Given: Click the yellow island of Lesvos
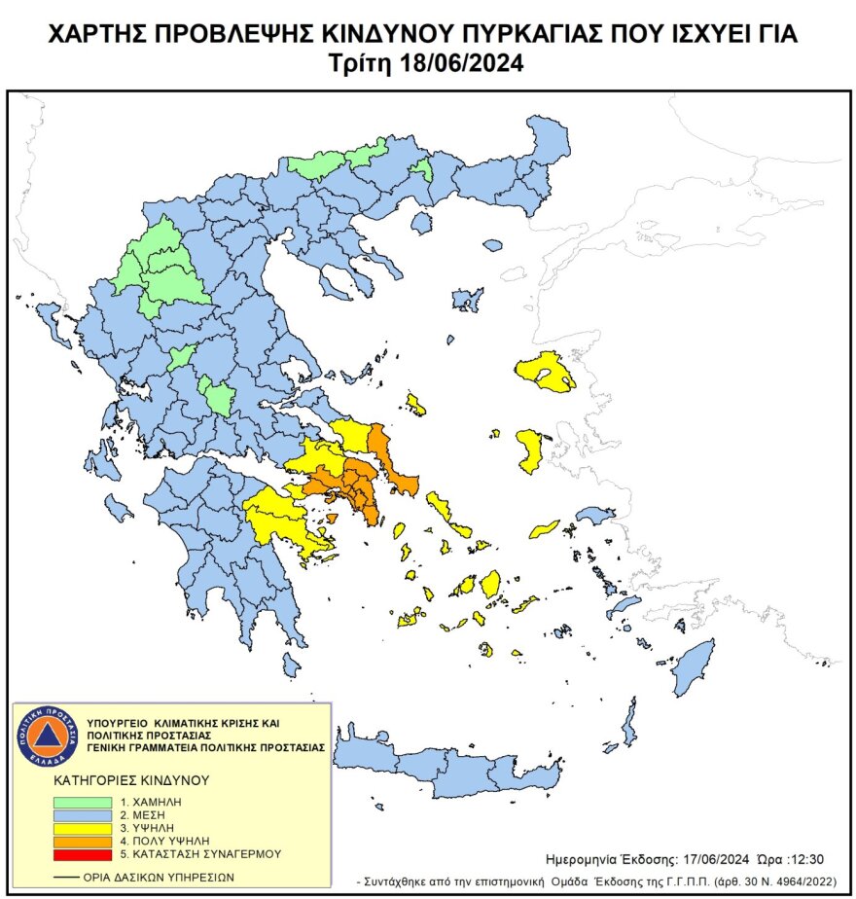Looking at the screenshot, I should pyautogui.click(x=545, y=373).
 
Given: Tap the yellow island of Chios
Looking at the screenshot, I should pyautogui.click(x=530, y=449).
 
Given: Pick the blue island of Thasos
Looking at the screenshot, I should pyautogui.click(x=421, y=224).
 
